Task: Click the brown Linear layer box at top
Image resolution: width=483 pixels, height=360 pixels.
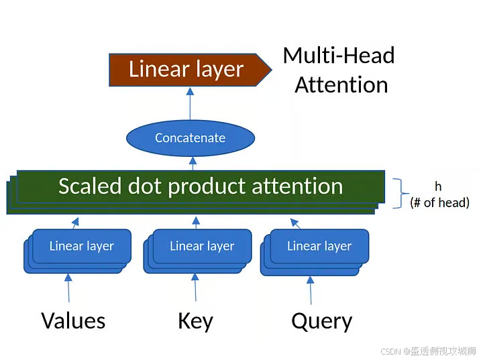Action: (x=186, y=69)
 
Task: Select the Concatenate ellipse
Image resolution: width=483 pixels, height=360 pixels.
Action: (x=191, y=138)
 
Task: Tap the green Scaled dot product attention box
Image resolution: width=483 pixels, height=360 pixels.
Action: (x=201, y=186)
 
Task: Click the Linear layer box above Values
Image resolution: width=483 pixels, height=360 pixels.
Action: (x=81, y=246)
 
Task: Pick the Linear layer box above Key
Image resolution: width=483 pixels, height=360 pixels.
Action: (x=202, y=246)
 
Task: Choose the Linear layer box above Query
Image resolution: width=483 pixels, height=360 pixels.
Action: (x=319, y=246)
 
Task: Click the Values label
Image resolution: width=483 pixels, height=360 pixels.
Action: (x=73, y=320)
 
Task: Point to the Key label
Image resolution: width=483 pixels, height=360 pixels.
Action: (x=195, y=321)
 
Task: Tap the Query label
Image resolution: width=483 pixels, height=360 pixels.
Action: (x=321, y=321)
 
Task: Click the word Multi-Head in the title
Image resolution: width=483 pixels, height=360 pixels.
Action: (x=339, y=55)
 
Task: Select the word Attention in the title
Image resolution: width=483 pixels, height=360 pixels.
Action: (x=341, y=85)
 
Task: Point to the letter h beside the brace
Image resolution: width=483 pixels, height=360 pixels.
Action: (x=438, y=186)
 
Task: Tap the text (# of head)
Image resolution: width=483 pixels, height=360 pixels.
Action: (x=439, y=202)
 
